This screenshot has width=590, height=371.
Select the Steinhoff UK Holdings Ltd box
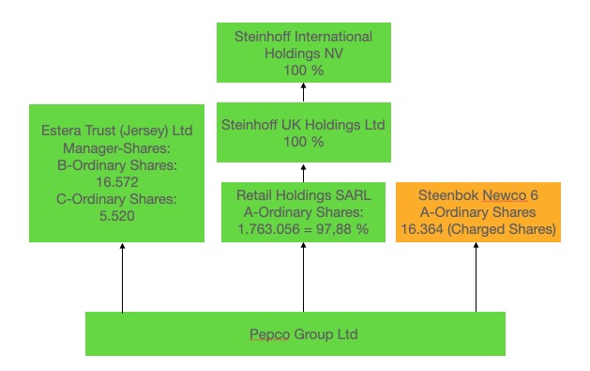303,132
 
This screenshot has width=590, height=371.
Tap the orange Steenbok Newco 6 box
477,211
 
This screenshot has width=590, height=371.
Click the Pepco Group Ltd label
296,334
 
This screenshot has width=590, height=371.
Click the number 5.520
116,216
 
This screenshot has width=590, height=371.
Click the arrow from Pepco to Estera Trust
122,278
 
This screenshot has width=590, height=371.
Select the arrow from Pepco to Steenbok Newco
476,278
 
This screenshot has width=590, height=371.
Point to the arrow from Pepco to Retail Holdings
303,278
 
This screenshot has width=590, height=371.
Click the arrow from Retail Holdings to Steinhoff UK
303,172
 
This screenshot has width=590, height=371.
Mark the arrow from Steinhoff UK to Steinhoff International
303,92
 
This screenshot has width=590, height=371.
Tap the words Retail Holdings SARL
303,195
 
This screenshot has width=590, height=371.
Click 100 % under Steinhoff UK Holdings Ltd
303,142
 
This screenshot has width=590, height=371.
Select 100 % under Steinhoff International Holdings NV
303,70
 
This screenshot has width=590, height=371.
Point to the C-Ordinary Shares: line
116,198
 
